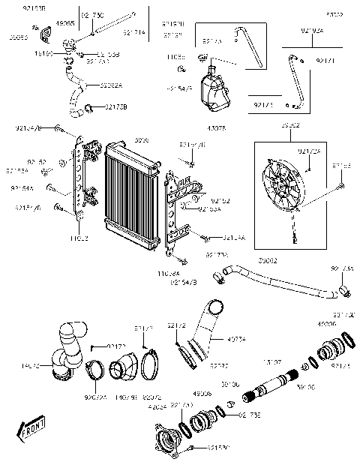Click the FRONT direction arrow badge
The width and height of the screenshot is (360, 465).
(31, 431)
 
